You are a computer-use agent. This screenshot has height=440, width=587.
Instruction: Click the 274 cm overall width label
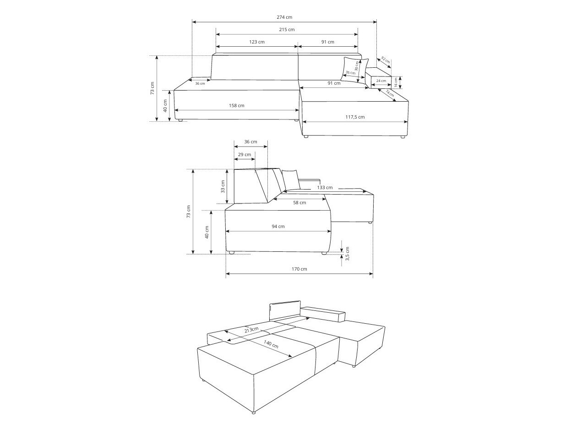tap(284, 17)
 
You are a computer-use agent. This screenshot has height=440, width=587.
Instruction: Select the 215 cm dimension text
tap(287, 30)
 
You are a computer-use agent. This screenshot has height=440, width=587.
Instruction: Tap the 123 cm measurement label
tap(257, 42)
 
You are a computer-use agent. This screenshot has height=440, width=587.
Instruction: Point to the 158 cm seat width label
tap(236, 106)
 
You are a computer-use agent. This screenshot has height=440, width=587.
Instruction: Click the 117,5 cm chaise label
tap(355, 117)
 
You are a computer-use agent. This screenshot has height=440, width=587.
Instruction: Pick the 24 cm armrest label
tap(381, 81)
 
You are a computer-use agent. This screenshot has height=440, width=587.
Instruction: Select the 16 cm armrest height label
tap(396, 82)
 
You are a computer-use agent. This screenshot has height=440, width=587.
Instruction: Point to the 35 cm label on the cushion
tap(350, 73)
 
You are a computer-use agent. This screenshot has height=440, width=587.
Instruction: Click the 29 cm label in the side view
tap(245, 154)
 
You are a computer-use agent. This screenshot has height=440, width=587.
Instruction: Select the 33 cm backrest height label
tap(223, 186)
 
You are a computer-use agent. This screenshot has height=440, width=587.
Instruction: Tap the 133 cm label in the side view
tap(324, 188)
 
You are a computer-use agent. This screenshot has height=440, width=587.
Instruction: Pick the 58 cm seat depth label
tap(299, 202)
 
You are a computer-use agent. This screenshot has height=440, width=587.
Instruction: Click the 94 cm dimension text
tap(278, 227)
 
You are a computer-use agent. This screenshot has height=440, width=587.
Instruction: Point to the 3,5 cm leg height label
tap(347, 253)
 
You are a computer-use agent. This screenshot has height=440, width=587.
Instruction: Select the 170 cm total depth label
tap(299, 269)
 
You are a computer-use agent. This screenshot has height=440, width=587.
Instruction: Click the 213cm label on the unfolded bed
tap(251, 330)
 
